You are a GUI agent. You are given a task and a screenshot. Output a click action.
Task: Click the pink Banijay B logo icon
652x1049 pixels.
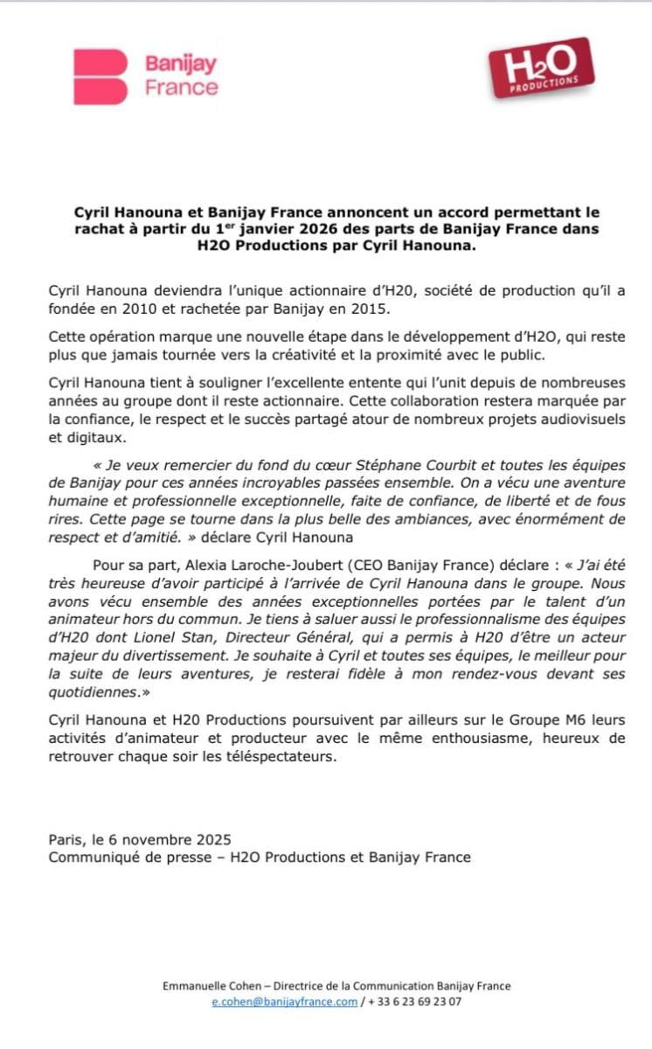(101, 77)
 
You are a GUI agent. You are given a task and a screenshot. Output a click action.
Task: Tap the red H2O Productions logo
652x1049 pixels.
(542, 68)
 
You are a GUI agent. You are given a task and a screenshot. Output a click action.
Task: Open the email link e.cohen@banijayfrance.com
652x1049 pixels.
(284, 1002)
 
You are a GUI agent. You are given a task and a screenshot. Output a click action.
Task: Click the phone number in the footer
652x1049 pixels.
(414, 1002)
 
